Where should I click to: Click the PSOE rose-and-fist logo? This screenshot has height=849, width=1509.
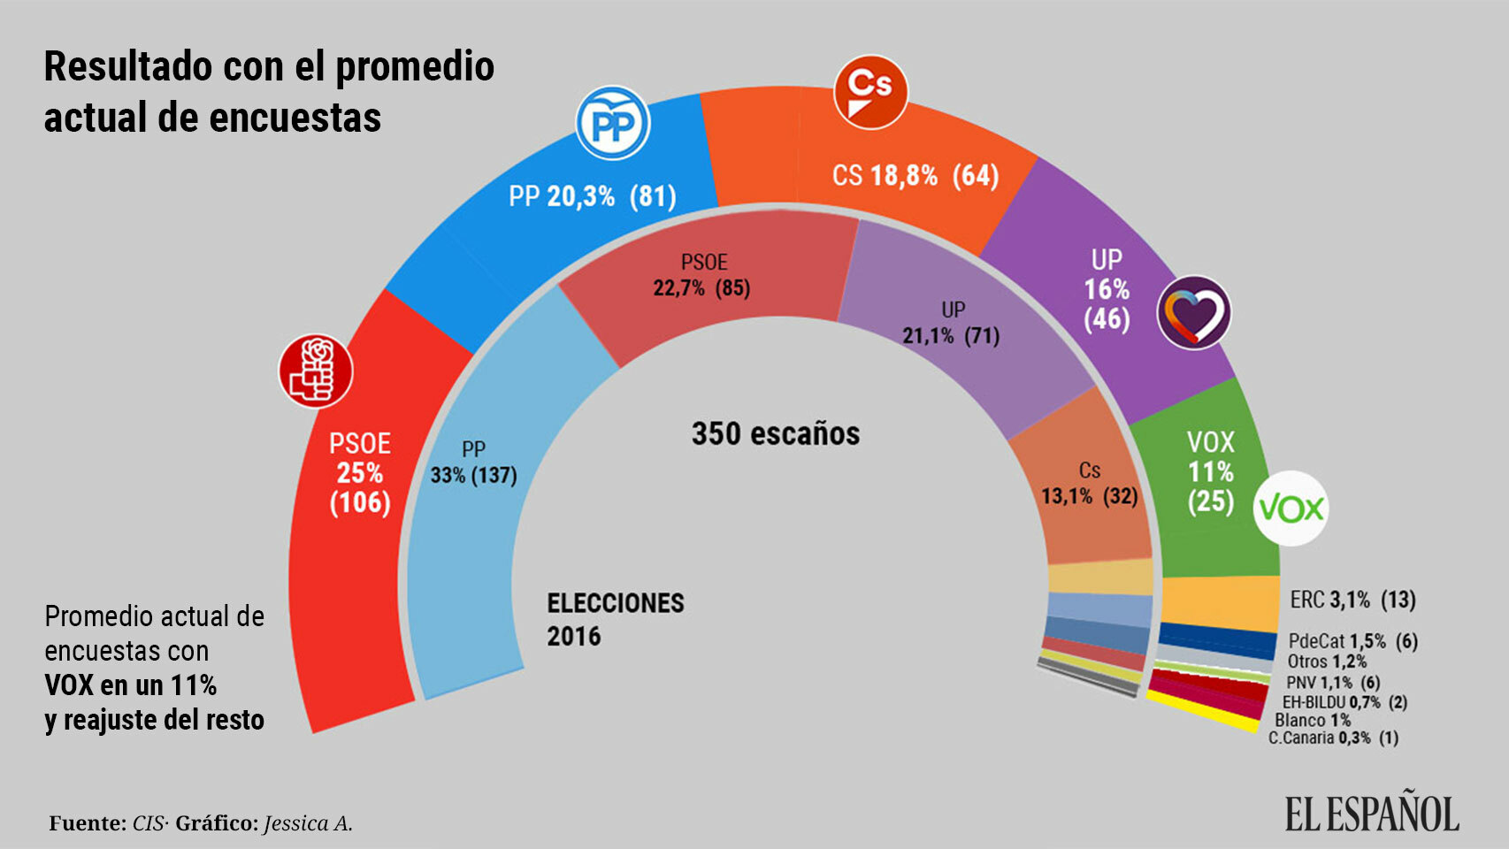pyautogui.click(x=316, y=371)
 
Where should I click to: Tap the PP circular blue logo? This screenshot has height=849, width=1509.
pyautogui.click(x=613, y=124)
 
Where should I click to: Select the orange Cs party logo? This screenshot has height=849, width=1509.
pyautogui.click(x=871, y=92)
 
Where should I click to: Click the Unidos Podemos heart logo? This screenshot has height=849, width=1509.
pyautogui.click(x=1195, y=312)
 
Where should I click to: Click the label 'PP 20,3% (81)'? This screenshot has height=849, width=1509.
pyautogui.click(x=592, y=195)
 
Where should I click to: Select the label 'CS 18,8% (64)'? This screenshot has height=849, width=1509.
pyautogui.click(x=915, y=175)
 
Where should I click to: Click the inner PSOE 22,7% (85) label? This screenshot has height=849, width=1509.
pyautogui.click(x=702, y=275)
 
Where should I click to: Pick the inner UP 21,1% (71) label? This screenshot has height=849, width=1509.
pyautogui.click(x=951, y=323)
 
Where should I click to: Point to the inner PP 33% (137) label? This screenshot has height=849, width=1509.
pyautogui.click(x=473, y=463)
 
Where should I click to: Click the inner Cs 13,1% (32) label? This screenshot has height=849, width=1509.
pyautogui.click(x=1089, y=483)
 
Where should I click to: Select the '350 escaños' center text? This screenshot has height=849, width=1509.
pyautogui.click(x=775, y=433)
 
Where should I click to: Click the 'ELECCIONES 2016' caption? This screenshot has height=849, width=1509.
pyautogui.click(x=615, y=619)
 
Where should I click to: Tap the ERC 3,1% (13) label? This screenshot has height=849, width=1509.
pyautogui.click(x=1352, y=600)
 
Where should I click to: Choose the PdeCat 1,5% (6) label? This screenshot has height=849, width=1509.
pyautogui.click(x=1352, y=641)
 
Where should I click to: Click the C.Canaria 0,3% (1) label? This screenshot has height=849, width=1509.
pyautogui.click(x=1333, y=738)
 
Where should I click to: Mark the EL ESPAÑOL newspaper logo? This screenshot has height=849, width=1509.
pyautogui.click(x=1371, y=814)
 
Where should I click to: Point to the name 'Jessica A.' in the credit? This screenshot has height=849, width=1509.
pyautogui.click(x=308, y=823)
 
